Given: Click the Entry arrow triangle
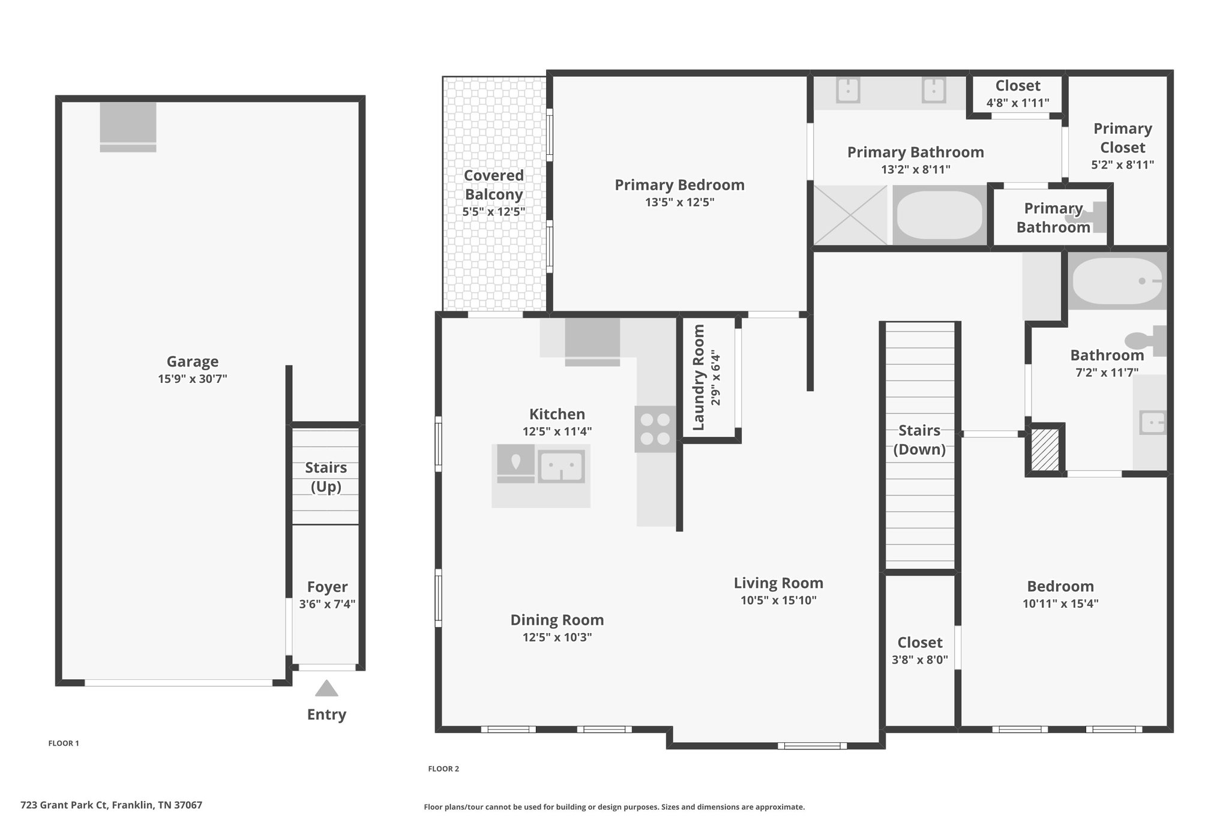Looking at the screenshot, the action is click(x=326, y=688).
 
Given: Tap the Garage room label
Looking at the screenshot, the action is click(x=193, y=362).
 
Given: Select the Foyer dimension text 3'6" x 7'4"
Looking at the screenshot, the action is click(x=328, y=604).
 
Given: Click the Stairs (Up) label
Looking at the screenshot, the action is click(x=326, y=477).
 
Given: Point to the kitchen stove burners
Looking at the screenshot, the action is click(x=655, y=429).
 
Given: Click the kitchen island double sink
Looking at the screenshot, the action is click(x=561, y=466).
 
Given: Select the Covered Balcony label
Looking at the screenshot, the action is click(x=494, y=185).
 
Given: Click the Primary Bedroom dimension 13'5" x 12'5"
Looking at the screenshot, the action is click(x=680, y=202).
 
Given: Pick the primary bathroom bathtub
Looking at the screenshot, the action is click(x=939, y=215).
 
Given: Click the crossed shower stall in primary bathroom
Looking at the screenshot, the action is click(x=850, y=215).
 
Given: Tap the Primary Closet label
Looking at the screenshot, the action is click(x=1123, y=138).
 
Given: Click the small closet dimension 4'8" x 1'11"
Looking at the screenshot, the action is click(x=1018, y=103).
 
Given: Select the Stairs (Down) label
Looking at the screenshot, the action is click(x=919, y=440).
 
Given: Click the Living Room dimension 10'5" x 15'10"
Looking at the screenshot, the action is click(x=779, y=600).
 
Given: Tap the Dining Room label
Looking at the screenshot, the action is click(x=557, y=620).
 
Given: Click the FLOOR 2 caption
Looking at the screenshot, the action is click(x=443, y=769).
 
